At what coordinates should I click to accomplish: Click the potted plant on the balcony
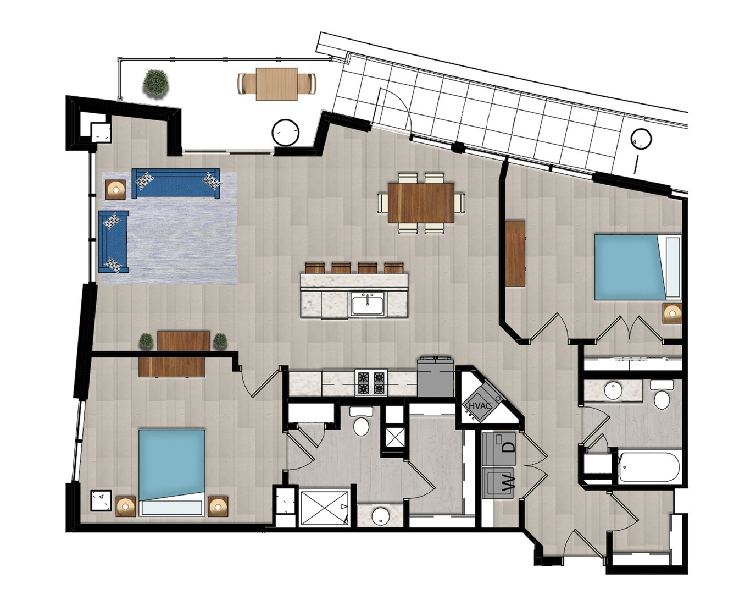(156, 82)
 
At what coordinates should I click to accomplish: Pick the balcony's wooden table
(276, 84)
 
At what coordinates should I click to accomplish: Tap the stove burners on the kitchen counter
(371, 383)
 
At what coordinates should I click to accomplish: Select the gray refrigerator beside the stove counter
(436, 376)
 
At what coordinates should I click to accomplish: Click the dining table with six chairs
(421, 203)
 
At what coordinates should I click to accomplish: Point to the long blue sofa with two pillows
(176, 184)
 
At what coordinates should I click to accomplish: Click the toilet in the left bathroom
(361, 421)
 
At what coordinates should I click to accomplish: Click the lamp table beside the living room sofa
(115, 190)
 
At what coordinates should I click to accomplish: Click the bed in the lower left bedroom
(171, 473)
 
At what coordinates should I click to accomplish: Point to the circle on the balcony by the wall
(285, 133)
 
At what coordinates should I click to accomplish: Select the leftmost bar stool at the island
(315, 268)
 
